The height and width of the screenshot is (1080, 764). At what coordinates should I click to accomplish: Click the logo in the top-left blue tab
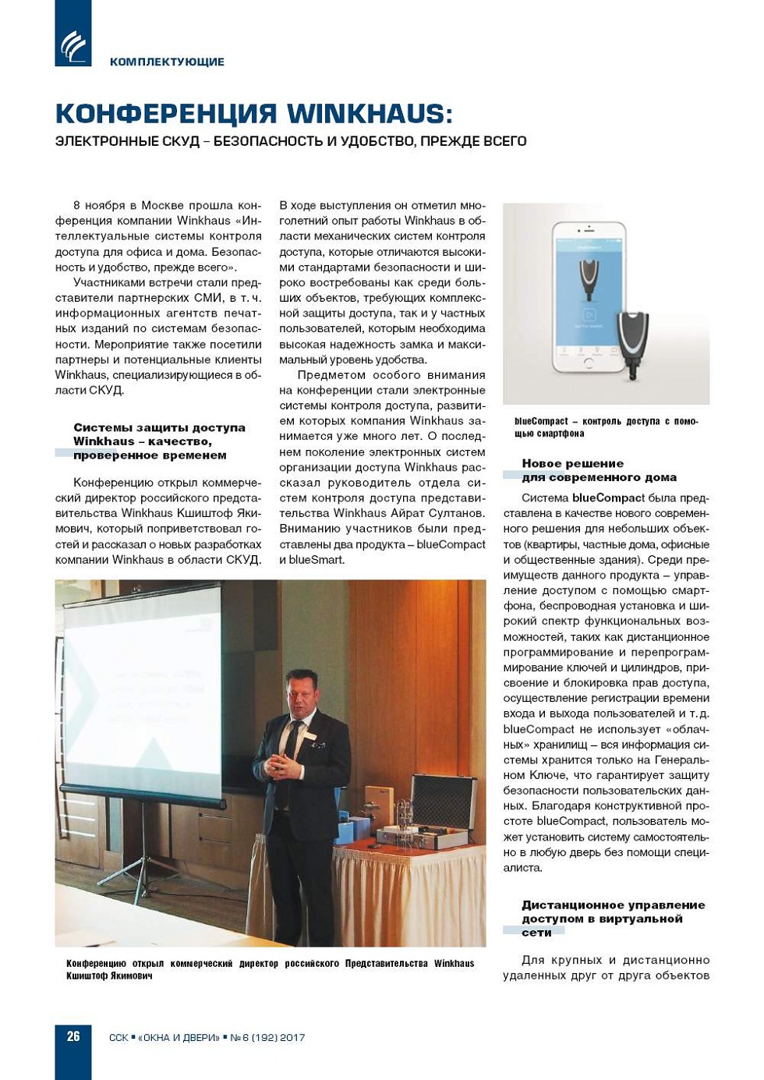[73, 46]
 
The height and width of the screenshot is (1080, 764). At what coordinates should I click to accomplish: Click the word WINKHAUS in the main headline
[370, 114]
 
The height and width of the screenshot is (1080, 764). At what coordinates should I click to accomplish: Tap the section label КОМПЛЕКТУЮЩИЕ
[167, 62]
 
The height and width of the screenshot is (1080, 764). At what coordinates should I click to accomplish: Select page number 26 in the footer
[73, 1036]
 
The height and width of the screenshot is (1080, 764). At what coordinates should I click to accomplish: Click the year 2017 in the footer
[292, 1038]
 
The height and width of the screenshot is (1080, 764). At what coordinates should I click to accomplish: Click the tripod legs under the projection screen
[140, 881]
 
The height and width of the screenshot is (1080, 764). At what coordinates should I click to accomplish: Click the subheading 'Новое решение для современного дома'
[598, 470]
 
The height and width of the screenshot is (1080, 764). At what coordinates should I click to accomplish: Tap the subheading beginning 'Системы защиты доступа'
[159, 441]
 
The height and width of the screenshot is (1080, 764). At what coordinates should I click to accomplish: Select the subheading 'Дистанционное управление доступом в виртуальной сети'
[613, 919]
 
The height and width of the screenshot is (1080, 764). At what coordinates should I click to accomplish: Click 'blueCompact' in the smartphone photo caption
[541, 421]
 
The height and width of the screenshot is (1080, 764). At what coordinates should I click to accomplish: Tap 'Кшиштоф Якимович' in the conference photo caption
[109, 976]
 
